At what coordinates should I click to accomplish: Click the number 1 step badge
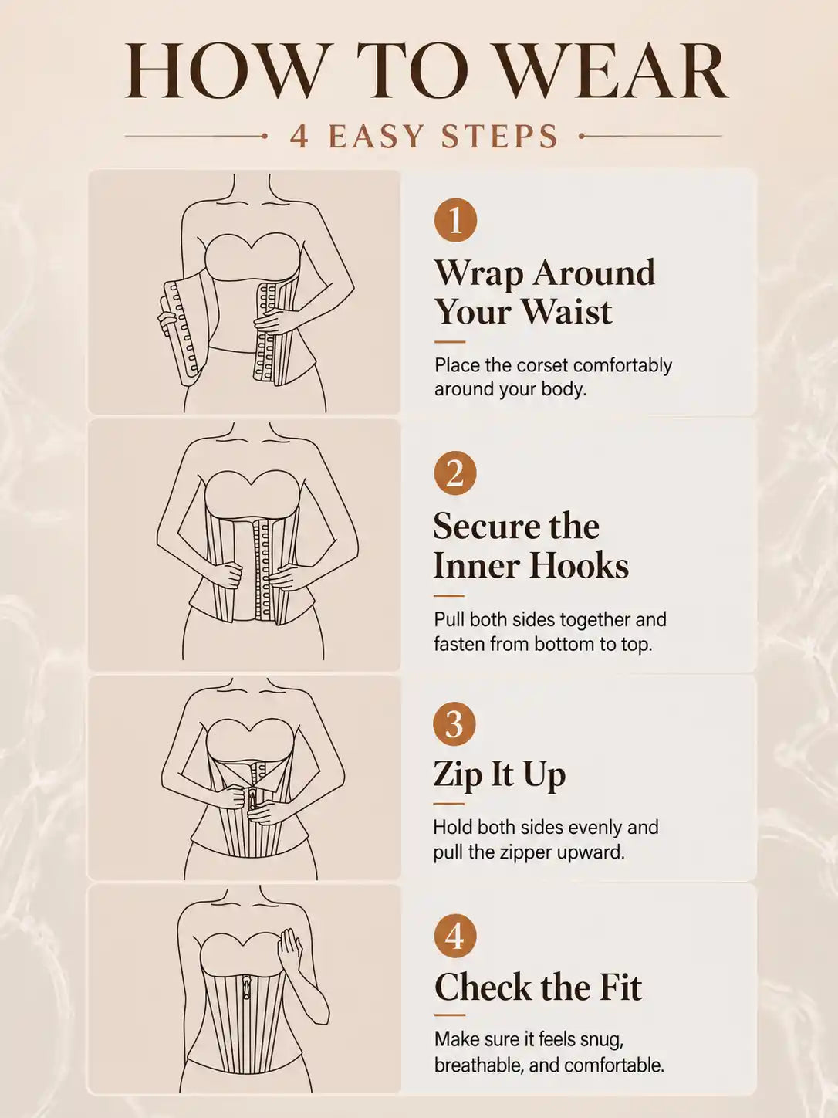[455, 220]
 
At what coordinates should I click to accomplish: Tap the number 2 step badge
[455, 474]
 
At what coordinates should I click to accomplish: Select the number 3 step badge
[454, 723]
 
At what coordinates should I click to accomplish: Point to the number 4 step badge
[455, 936]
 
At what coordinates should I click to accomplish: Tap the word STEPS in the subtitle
[500, 137]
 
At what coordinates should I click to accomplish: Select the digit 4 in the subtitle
[299, 137]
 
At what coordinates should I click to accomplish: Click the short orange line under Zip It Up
[449, 804]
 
